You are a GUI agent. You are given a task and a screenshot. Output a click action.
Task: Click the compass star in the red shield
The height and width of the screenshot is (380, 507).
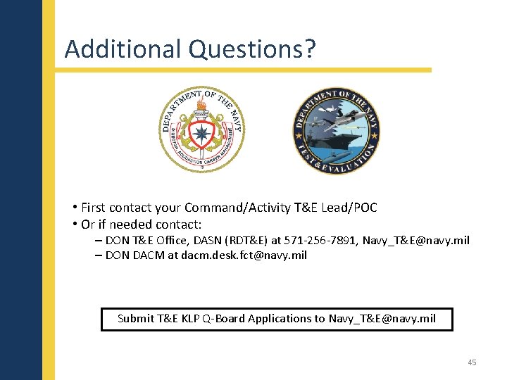tap(203, 133)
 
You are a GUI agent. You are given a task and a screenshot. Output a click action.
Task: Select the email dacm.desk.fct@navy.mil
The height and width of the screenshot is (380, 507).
tap(244, 255)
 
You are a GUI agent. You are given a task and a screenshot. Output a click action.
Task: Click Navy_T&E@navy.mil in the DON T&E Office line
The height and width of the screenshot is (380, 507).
tap(415, 241)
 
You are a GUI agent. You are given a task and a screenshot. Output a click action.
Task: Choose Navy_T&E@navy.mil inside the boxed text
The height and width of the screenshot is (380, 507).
tap(382, 319)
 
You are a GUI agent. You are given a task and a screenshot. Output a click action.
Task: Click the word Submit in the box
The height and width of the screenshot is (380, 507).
tap(135, 319)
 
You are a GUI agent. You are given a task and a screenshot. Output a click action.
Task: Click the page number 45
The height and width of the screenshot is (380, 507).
tap(472, 362)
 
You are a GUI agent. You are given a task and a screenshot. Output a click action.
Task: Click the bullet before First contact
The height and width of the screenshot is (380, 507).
tap(74, 208)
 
